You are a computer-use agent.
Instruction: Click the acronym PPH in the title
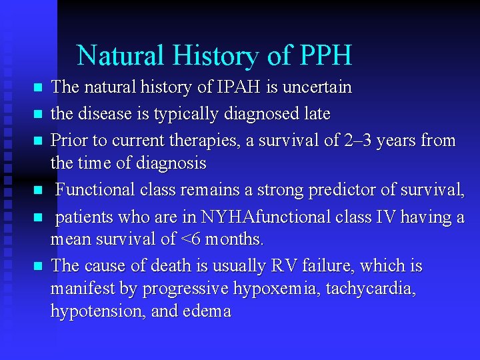[x=326, y=55]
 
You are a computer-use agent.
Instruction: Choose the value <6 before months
[x=200, y=239]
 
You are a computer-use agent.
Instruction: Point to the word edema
[x=206, y=311]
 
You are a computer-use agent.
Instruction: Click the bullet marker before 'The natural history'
[x=37, y=88]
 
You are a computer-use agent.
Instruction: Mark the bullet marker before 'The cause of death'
[x=37, y=267]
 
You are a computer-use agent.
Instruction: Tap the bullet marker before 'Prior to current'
[x=37, y=141]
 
